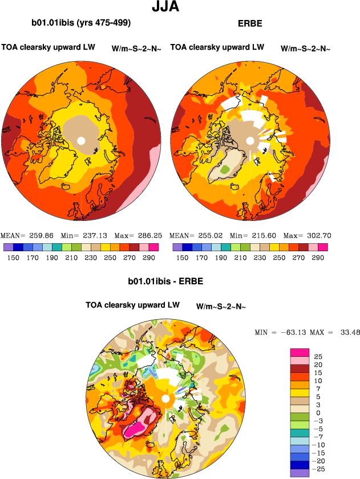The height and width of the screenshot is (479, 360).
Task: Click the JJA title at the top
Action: click(167, 7)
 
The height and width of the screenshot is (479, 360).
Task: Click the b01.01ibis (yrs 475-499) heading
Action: click(82, 23)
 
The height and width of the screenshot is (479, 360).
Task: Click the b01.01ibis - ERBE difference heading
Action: click(165, 281)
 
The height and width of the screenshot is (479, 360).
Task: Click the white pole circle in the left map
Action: click(81, 140)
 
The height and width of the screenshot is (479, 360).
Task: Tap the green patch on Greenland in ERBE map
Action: click(224, 169)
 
